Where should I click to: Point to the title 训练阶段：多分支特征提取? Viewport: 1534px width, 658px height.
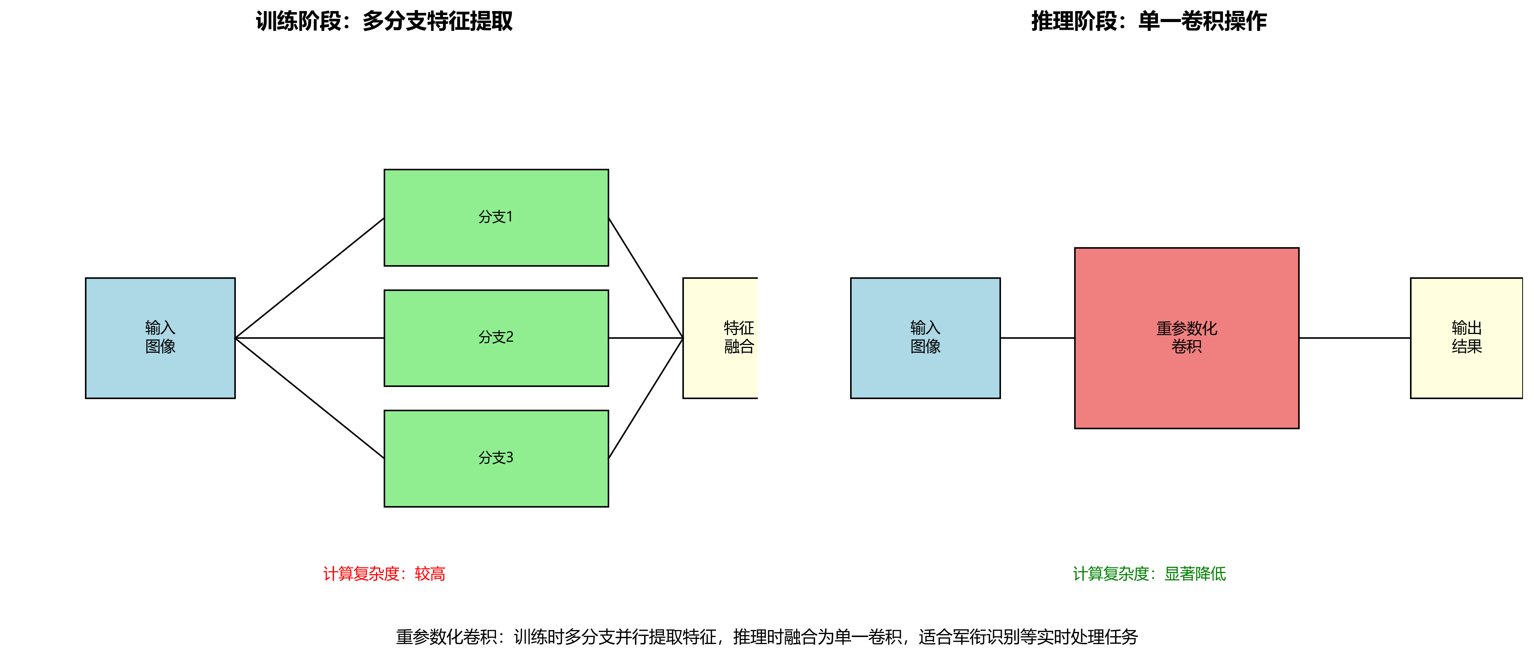pyautogui.click(x=384, y=21)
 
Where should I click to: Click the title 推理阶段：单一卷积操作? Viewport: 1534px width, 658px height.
pyautogui.click(x=1149, y=21)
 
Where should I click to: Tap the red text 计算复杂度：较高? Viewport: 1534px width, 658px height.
pyautogui.click(x=384, y=573)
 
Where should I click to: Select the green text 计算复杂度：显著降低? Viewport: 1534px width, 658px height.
pyautogui.click(x=1149, y=573)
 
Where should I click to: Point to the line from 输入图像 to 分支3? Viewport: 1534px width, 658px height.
pyautogui.click(x=310, y=398)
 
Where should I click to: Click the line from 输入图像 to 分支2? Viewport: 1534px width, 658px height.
pyautogui.click(x=310, y=338)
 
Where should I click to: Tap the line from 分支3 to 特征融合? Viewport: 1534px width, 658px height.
pyautogui.click(x=646, y=398)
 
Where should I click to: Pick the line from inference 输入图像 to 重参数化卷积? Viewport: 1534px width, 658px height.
pyautogui.click(x=1037, y=338)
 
